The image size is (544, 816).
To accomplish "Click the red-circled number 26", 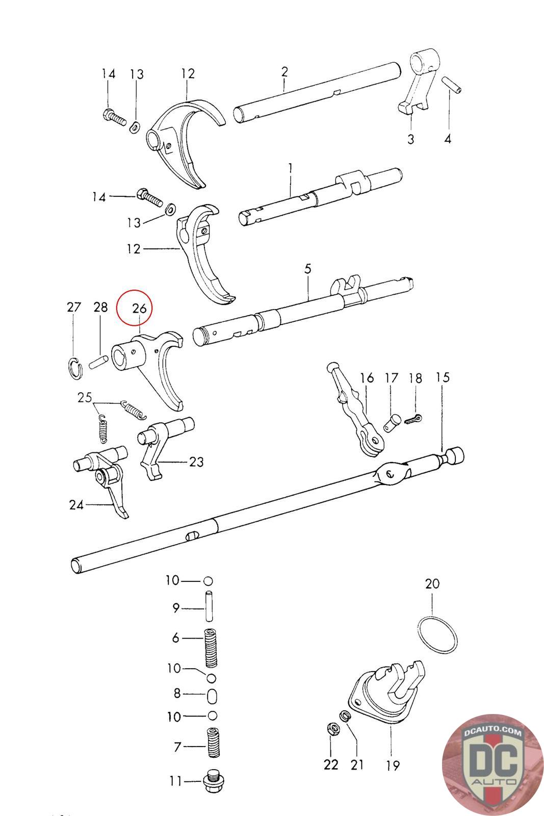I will pos(139,308).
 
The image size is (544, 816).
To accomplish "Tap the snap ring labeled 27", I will pos(74,368).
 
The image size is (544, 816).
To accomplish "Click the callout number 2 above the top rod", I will pos(284,71).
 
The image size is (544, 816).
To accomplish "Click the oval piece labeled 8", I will pos(213,695).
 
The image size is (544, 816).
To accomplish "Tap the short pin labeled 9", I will pos(209,605).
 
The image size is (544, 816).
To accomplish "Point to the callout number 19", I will pos(393,764).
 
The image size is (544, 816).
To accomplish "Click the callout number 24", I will pos(76,505).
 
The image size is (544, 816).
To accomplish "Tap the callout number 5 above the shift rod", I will pos(307,269).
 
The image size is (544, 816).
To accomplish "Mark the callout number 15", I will pos(443,377).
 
